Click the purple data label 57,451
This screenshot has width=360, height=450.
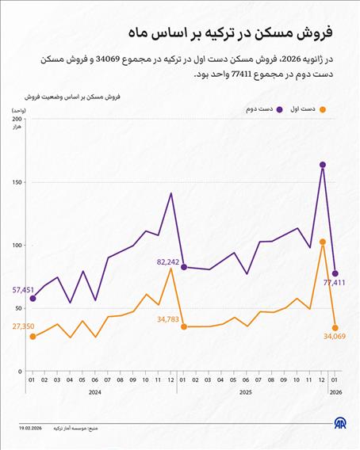tap(24, 291)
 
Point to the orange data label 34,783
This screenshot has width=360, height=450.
tap(168, 318)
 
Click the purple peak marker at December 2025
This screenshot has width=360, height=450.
tap(323, 165)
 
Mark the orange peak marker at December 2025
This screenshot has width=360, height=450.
tap(323, 242)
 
